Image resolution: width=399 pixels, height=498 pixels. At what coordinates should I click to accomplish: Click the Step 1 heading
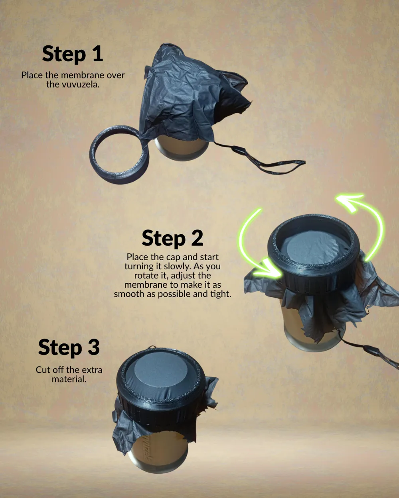(x=73, y=54)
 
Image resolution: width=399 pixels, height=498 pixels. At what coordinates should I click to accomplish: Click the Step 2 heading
(x=172, y=239)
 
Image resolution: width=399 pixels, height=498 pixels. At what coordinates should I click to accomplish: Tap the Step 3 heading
(x=69, y=347)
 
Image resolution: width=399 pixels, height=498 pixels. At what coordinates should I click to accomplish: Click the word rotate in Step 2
(x=146, y=276)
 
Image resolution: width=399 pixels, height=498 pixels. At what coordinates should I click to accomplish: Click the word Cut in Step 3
(x=43, y=370)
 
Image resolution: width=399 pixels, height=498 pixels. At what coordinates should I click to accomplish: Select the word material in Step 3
(x=69, y=379)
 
